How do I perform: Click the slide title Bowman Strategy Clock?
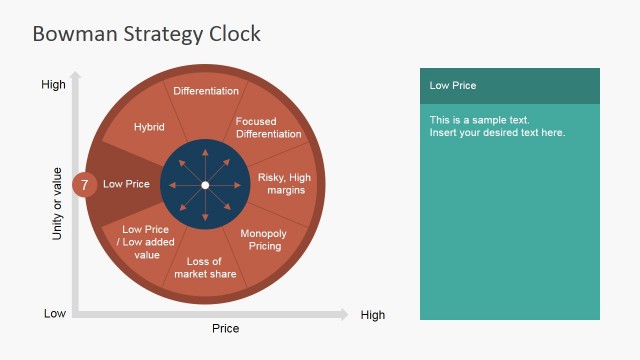146,34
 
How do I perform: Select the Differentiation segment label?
206,91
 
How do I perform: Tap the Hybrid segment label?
149,127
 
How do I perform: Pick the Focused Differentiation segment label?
268,128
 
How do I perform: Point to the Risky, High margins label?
285,183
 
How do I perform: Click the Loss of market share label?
205,268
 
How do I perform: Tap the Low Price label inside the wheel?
126,184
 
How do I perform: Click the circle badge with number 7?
85,185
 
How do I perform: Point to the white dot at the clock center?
205,185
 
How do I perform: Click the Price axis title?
225,328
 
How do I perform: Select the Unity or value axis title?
57,203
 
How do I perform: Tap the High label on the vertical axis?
53,85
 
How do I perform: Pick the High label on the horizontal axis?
372,315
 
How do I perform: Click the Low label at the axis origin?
55,314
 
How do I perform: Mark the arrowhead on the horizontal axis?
343,314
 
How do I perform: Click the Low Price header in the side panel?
453,86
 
